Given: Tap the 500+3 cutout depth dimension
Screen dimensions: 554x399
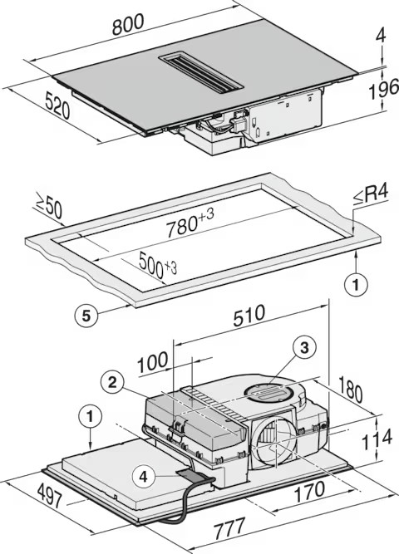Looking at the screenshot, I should (158, 265).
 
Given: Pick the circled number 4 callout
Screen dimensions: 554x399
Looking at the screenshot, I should (144, 477).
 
